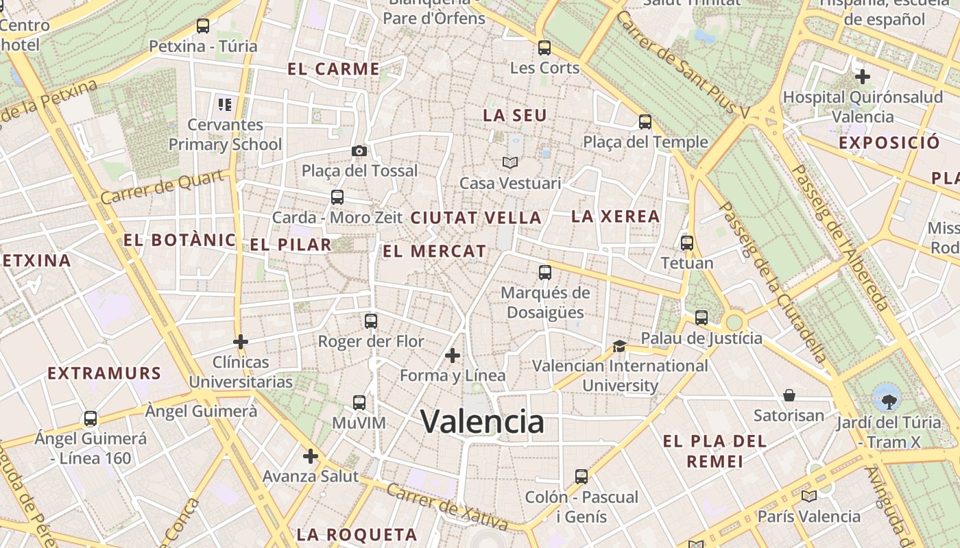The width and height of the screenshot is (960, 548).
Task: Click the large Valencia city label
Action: pyautogui.click(x=482, y=421)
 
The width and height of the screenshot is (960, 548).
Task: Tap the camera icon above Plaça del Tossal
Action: pyautogui.click(x=359, y=151)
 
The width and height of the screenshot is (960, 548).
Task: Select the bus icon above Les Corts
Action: pyautogui.click(x=544, y=48)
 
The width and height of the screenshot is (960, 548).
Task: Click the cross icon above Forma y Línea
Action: pyautogui.click(x=453, y=356)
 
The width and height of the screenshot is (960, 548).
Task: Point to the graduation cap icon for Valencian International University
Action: pyautogui.click(x=619, y=346)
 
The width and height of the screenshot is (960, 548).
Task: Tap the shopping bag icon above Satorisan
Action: pyautogui.click(x=789, y=395)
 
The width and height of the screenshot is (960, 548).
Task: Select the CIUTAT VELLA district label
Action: pyautogui.click(x=476, y=218)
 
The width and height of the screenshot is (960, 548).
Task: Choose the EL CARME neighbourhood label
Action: pyautogui.click(x=333, y=68)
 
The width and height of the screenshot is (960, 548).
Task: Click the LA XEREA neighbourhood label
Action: pyautogui.click(x=616, y=216)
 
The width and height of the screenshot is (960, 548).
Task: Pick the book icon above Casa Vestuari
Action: pyautogui.click(x=509, y=162)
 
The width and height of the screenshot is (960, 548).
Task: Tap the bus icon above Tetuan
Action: pyautogui.click(x=687, y=242)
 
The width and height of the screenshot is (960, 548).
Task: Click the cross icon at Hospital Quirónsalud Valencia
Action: pyautogui.click(x=863, y=77)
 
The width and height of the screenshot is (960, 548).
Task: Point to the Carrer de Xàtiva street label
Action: pyautogui.click(x=447, y=508)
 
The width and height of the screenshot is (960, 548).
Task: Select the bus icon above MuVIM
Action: pyautogui.click(x=359, y=403)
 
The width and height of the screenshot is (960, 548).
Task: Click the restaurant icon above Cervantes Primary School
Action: pyautogui.click(x=225, y=105)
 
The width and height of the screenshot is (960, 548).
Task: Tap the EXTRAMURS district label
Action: pyautogui.click(x=104, y=373)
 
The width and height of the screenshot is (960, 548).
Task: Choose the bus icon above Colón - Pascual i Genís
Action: pyautogui.click(x=581, y=476)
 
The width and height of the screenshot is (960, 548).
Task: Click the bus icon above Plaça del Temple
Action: pyautogui.click(x=645, y=122)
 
